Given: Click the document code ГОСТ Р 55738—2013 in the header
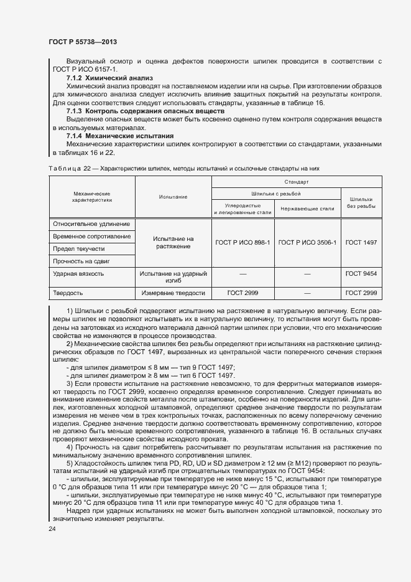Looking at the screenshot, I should click(83, 42).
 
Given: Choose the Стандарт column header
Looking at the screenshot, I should click(297, 182).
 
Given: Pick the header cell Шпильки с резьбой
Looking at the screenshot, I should click(276, 193).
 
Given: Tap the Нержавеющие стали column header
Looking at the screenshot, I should click(308, 209).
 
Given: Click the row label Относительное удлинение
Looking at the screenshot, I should click(91, 224).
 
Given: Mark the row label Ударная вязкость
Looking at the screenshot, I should click(78, 273).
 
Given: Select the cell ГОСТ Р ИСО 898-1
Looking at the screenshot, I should click(242, 242).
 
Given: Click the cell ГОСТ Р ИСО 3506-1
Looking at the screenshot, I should click(307, 242).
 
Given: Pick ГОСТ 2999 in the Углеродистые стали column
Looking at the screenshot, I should click(242, 292).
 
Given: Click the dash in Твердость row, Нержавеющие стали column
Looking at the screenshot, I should click(307, 292).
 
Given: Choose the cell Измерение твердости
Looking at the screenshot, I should click(173, 292).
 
